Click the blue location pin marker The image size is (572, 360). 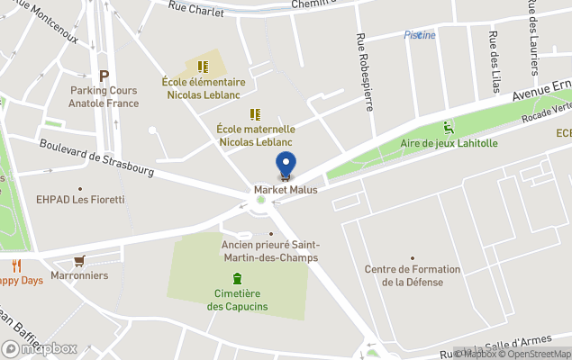(x=286, y=166)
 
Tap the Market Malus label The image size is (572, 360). (x=286, y=190)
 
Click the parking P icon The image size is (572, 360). (x=104, y=76)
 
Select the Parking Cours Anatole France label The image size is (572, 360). (x=105, y=96)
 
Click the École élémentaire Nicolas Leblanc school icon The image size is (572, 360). (x=204, y=67)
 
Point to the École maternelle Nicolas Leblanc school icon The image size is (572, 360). (x=256, y=114)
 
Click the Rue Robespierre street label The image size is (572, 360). (x=365, y=72)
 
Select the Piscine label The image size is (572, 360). (x=420, y=35)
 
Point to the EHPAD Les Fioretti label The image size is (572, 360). (x=80, y=199)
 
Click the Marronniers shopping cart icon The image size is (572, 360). (x=79, y=261)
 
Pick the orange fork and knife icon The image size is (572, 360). (x=16, y=265)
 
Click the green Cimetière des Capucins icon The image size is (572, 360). (x=237, y=277)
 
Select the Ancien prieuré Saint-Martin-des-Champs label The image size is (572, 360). (x=270, y=251)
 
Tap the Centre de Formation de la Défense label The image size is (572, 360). (x=413, y=275)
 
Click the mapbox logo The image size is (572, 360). (x=40, y=348)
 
